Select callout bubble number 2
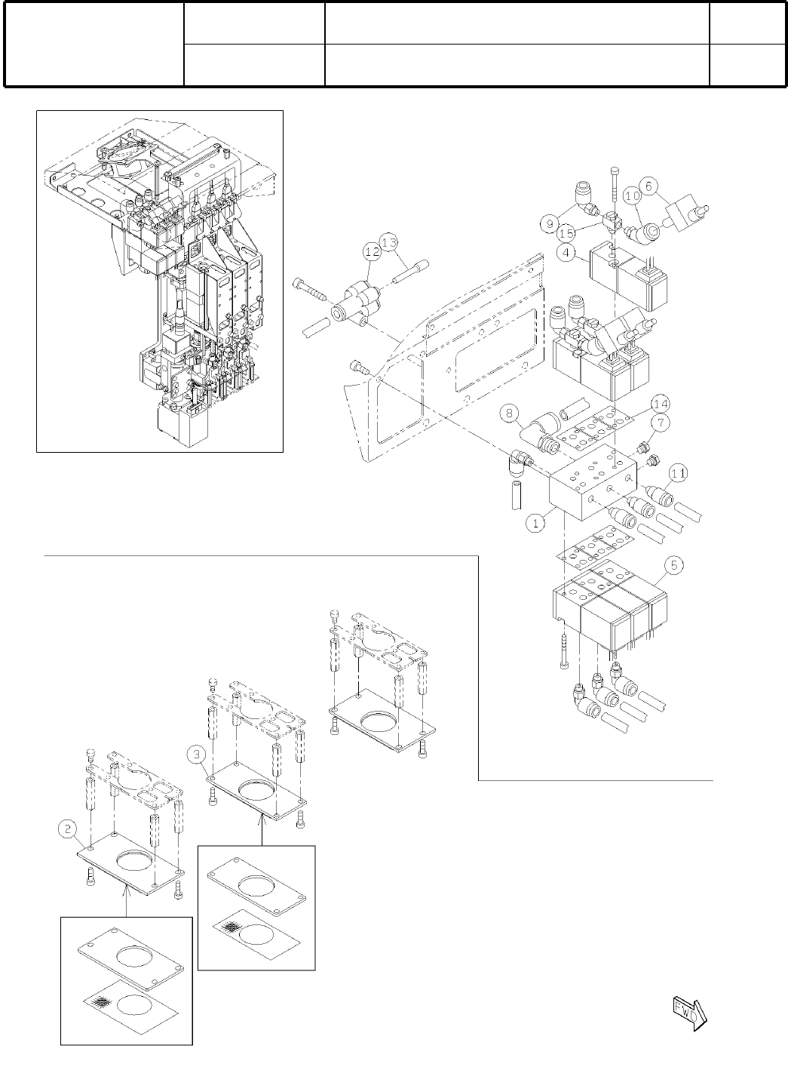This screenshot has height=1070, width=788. [x=67, y=829]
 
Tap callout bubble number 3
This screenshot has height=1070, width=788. [x=198, y=753]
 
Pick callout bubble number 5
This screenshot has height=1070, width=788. [x=673, y=564]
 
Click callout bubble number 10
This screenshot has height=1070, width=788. [x=633, y=195]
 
